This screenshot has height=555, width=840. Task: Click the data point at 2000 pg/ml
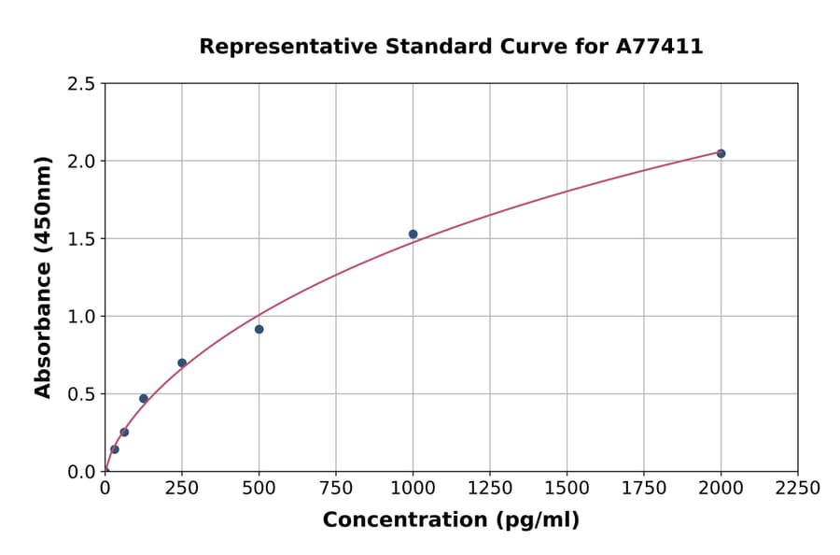tap(721, 153)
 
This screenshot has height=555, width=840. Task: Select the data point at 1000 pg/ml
tap(413, 235)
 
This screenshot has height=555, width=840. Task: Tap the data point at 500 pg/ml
tap(259, 329)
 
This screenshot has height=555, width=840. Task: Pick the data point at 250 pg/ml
tap(182, 363)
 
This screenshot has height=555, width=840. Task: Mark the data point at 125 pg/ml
tap(144, 398)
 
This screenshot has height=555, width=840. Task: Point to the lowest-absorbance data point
tap(115, 449)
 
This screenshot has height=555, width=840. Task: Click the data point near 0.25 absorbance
tap(124, 432)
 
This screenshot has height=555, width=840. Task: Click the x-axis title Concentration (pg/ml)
tap(451, 520)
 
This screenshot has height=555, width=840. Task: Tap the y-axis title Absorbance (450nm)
tap(43, 277)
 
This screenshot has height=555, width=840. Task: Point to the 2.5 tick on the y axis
tap(80, 84)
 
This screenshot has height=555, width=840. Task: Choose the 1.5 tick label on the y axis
tap(80, 239)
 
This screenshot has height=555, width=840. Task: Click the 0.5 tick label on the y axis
tap(80, 394)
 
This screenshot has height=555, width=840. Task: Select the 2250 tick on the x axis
tap(798, 488)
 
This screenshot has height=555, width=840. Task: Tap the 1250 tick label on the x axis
tap(490, 488)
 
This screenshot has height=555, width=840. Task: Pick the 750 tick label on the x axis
tap(336, 488)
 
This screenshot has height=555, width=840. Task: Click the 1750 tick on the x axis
tap(644, 488)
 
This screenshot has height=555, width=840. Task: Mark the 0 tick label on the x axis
tap(105, 488)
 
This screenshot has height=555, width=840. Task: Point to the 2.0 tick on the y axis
tap(80, 162)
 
